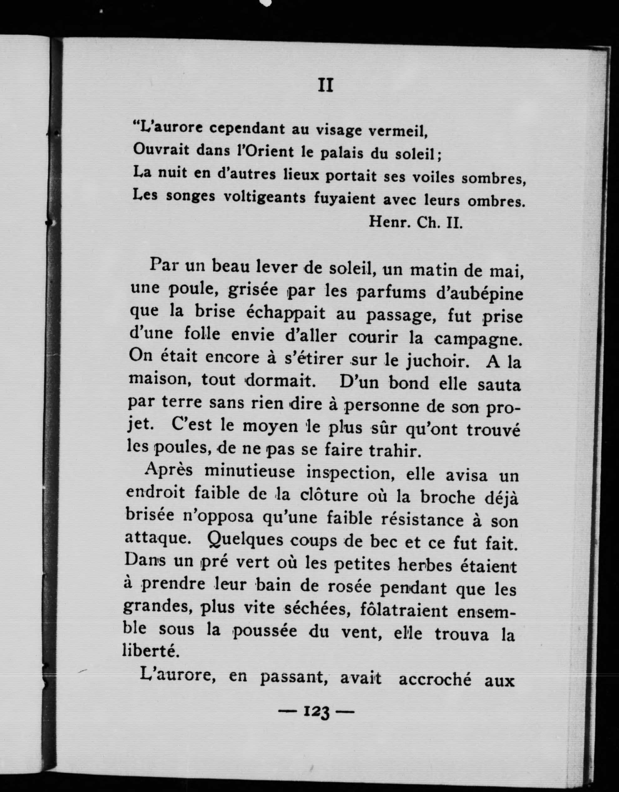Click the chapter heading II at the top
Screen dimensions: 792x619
(325, 86)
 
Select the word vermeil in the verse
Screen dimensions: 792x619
(398, 131)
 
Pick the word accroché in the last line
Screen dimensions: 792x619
(435, 680)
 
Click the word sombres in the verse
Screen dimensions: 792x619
(494, 179)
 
